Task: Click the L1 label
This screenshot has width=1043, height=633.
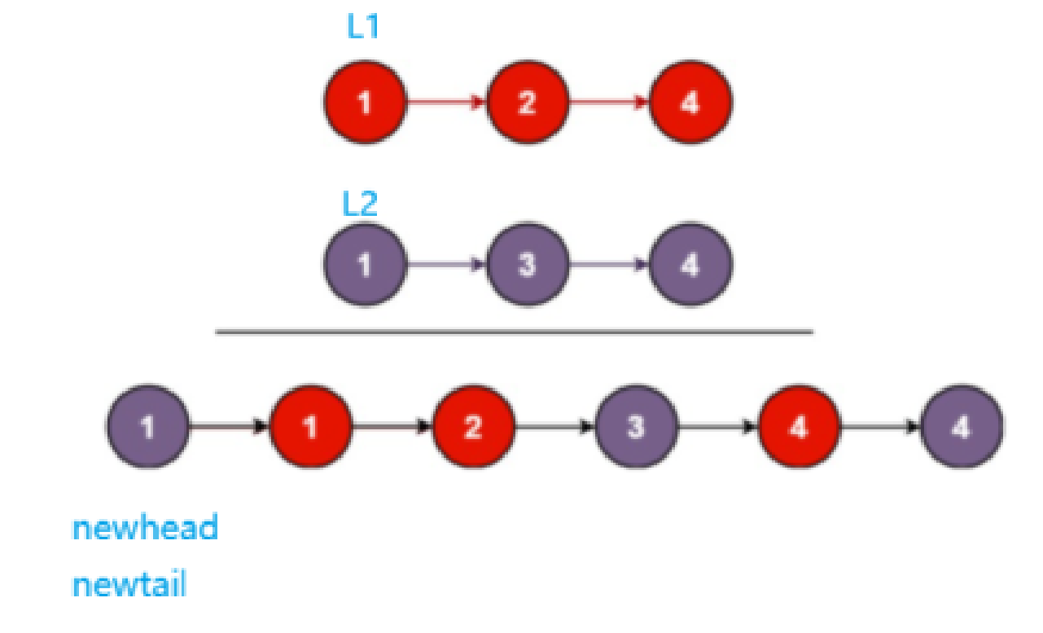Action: point(363,28)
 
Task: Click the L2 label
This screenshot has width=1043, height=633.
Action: point(360,204)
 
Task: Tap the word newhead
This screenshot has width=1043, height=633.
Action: point(145,529)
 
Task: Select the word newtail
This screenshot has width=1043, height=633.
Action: point(129,585)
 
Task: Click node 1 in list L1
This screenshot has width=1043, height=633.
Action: point(365,103)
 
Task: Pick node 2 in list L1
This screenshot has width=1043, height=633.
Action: point(528,103)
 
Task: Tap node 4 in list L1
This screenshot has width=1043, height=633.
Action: point(690,103)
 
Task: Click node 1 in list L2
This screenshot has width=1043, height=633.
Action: point(365,265)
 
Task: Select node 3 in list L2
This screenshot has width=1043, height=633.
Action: point(528,265)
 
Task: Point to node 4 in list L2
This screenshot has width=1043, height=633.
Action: point(690,265)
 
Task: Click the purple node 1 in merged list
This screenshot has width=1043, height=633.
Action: point(147,426)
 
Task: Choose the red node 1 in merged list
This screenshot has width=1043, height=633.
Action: point(310,426)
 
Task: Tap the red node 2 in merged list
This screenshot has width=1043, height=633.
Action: point(473,426)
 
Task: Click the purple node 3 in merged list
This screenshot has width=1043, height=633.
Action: point(636,426)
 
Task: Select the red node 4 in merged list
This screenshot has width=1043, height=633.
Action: point(799,426)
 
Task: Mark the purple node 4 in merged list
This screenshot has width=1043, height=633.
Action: point(962,426)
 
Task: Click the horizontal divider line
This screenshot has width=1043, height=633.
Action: point(514,332)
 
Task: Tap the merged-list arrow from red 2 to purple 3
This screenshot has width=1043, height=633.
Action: point(554,426)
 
